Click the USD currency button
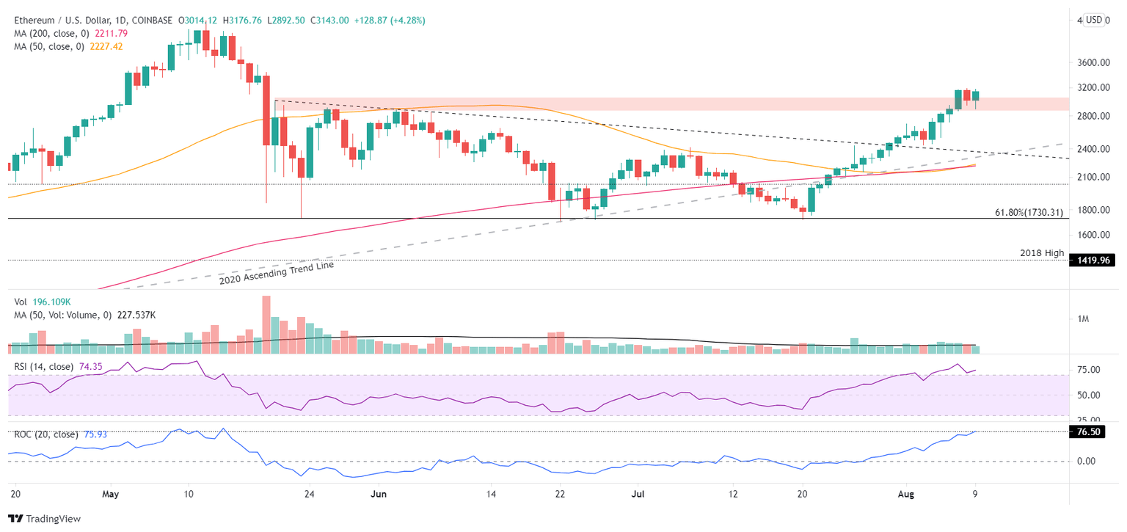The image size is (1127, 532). [1094, 20]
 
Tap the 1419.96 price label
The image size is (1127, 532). [1093, 260]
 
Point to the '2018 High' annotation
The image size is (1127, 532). [1042, 253]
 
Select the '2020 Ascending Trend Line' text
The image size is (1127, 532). [276, 273]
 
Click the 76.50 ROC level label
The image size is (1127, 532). [1092, 433]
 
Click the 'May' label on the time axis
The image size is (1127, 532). [110, 495]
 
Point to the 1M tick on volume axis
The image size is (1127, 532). [1083, 318]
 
